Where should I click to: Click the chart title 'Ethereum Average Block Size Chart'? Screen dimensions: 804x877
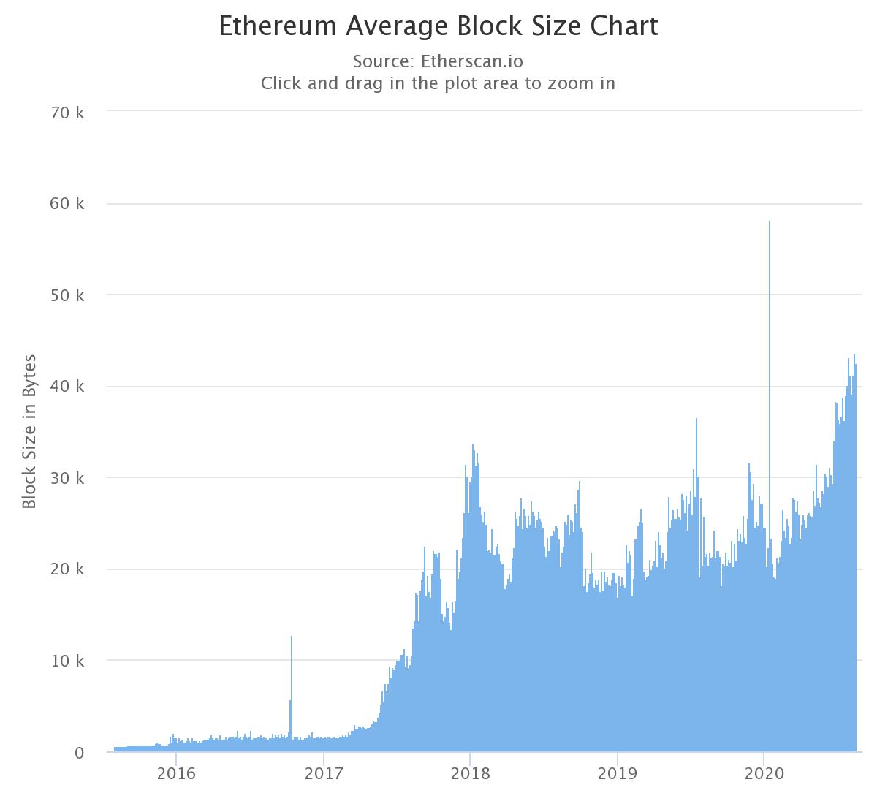pos(438,26)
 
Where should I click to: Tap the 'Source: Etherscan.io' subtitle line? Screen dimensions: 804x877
pos(438,61)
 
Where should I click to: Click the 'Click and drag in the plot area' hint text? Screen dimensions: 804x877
pos(438,83)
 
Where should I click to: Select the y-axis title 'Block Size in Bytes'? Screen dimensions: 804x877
pos(29,431)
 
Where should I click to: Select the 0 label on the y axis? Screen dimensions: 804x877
pos(79,753)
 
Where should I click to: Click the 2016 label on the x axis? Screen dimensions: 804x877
pos(176,774)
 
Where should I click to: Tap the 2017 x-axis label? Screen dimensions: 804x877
pos(324,774)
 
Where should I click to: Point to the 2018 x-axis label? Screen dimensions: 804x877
pos(471,774)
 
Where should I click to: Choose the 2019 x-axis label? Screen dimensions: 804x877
pos(618,774)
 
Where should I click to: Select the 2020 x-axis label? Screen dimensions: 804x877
pos(764,774)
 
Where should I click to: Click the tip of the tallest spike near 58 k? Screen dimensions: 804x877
pos(770,221)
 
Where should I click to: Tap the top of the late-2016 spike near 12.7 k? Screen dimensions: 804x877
pos(292,637)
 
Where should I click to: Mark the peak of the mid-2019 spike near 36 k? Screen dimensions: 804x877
pos(696,419)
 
